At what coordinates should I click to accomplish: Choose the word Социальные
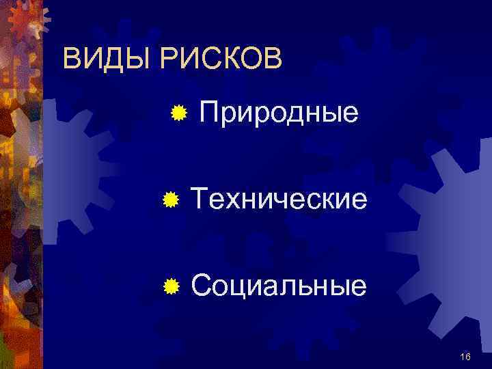tap(279, 285)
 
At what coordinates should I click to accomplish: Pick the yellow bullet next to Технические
tap(172, 200)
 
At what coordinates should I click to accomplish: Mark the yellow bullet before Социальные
tap(172, 285)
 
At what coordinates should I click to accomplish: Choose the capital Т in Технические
tap(200, 200)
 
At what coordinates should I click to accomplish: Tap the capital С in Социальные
tap(202, 285)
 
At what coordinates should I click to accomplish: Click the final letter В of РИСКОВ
tap(272, 59)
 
